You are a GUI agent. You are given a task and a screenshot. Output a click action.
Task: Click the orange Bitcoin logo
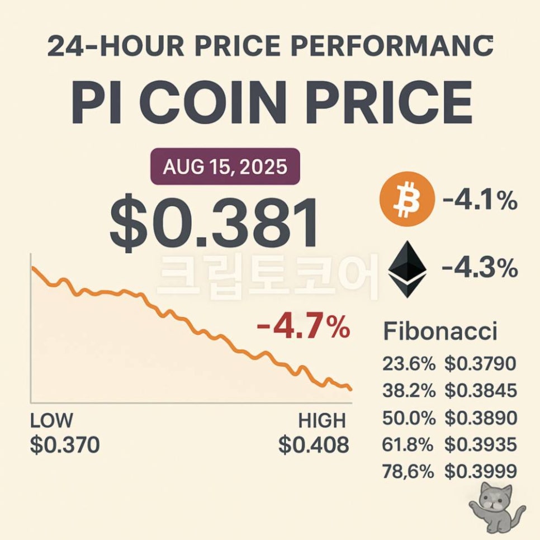click(x=406, y=199)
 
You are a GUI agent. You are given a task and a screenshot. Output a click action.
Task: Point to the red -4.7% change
click(x=303, y=328)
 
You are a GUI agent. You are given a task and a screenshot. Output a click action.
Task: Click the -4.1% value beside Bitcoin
click(x=479, y=201)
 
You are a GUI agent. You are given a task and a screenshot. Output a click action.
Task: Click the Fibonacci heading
click(x=440, y=332)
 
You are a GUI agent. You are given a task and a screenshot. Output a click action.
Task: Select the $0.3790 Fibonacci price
click(x=480, y=364)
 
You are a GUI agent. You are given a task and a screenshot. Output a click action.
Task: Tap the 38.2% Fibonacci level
click(x=409, y=391)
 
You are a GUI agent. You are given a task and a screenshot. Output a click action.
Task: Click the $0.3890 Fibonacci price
click(x=480, y=418)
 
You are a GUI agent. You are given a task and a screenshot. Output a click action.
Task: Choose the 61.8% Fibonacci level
click(x=409, y=444)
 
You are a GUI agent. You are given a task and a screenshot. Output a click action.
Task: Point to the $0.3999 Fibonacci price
click(x=480, y=471)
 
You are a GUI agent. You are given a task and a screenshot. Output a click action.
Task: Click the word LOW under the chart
click(x=51, y=420)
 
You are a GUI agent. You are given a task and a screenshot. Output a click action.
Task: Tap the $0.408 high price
click(x=314, y=446)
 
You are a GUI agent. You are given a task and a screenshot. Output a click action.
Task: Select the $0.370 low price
click(x=65, y=446)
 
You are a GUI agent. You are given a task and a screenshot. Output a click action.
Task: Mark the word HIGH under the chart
click(x=322, y=420)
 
